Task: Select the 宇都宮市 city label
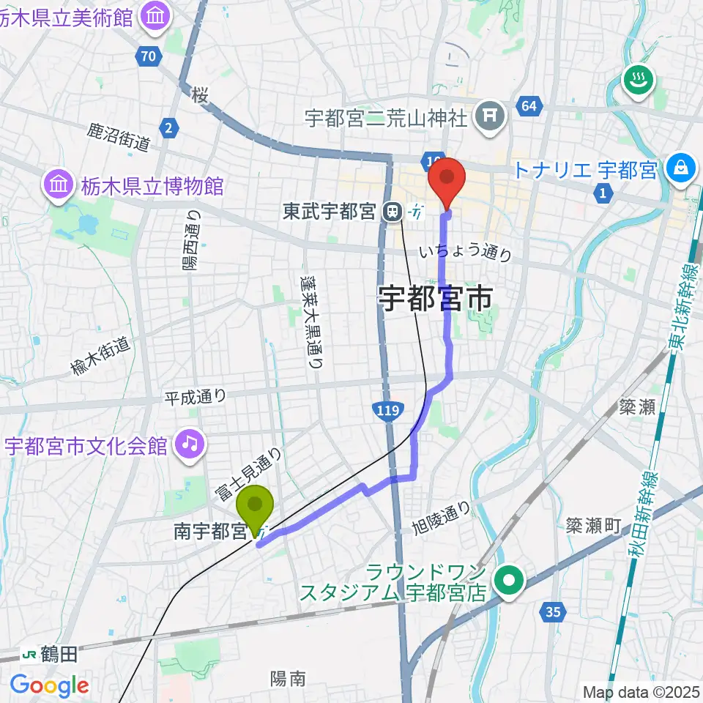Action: (436, 298)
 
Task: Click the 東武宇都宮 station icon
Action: (393, 212)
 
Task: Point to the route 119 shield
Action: (385, 411)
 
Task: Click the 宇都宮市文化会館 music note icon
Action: (189, 445)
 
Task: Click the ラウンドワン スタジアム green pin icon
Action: (507, 582)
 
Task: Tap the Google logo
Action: (49, 686)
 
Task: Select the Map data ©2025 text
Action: (641, 691)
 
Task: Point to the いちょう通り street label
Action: (466, 253)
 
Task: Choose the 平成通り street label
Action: (195, 396)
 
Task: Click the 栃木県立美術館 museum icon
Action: (156, 18)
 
